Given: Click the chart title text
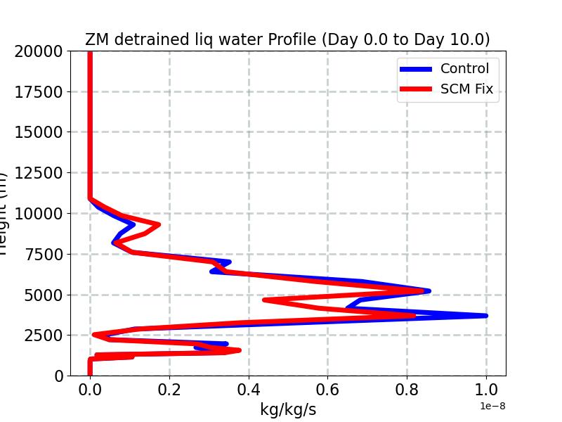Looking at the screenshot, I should pyautogui.click(x=287, y=39).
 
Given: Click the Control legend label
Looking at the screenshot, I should pyautogui.click(x=464, y=68).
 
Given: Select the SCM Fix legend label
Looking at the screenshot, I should pyautogui.click(x=466, y=89).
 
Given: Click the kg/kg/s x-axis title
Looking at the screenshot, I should pyautogui.click(x=287, y=409).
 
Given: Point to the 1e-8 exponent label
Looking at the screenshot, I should pyautogui.click(x=492, y=407).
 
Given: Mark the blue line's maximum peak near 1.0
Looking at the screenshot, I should pyautogui.click(x=485, y=316).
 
